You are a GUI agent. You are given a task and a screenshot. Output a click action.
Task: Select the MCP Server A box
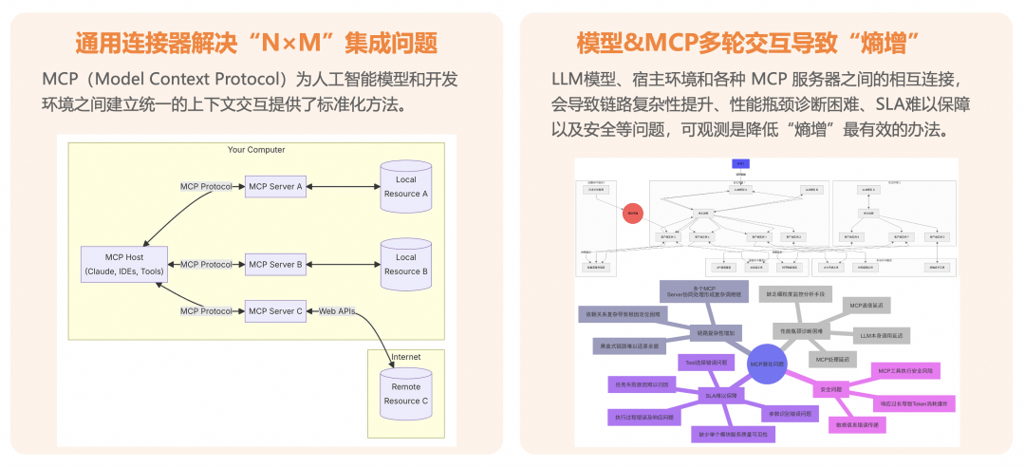pos(275,186)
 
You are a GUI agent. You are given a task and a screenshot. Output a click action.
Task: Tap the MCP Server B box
pos(275,264)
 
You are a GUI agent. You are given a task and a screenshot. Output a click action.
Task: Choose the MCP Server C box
pos(275,310)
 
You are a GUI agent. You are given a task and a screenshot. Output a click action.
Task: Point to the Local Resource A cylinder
pos(405,186)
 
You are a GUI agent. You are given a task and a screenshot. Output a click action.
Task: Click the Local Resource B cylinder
pos(405,264)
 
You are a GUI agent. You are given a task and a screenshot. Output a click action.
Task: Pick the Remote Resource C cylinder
pos(405,394)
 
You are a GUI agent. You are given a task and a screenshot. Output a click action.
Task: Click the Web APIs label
pos(337,310)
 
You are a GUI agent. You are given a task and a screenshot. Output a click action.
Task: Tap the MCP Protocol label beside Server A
pos(207,186)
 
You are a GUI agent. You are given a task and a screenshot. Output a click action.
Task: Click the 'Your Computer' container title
pos(256,150)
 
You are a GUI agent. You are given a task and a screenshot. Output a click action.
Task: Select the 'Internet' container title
pos(405,357)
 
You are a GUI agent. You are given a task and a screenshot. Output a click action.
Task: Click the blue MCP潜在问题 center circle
pos(767,364)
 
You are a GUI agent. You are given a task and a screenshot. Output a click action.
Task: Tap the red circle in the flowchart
pos(633,214)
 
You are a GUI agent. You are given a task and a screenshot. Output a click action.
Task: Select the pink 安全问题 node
pos(831,389)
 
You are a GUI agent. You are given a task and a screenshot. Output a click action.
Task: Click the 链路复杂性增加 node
pos(716,333)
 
